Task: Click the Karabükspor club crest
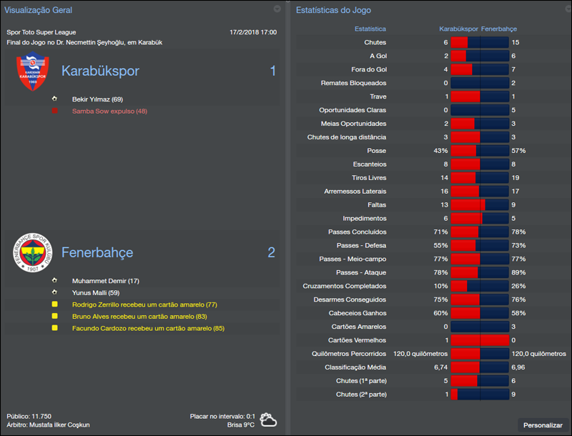[33, 73]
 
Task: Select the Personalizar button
[543, 425]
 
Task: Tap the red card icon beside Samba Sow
[54, 111]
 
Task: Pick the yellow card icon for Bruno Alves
[54, 316]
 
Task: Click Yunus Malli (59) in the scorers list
[94, 292]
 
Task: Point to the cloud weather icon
[269, 420]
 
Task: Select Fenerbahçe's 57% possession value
[518, 151]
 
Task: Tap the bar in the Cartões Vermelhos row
[479, 340]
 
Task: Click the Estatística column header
[370, 29]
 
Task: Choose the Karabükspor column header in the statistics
[458, 29]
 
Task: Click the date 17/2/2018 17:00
[253, 32]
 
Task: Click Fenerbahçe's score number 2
[271, 252]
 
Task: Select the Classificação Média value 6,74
[440, 367]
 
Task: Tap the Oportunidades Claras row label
[352, 110]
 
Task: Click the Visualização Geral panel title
[38, 10]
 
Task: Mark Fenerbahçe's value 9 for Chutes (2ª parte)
[513, 395]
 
